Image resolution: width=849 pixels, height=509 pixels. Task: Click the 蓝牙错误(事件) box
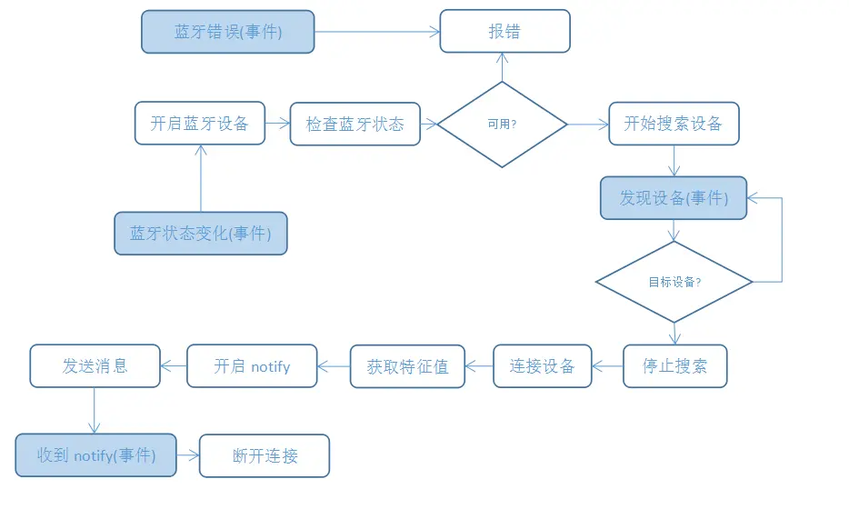click(228, 32)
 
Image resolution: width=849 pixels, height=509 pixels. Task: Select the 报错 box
click(504, 31)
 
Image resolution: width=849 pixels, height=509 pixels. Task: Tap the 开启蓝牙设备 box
click(200, 123)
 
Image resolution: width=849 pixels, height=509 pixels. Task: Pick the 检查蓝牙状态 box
click(355, 124)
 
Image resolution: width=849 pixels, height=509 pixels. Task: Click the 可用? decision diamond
click(502, 124)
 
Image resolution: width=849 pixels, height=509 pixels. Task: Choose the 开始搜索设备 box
click(674, 124)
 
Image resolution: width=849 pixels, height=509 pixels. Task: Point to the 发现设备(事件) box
click(674, 197)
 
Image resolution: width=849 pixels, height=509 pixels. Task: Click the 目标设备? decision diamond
click(674, 282)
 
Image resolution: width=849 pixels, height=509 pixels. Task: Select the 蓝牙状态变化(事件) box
click(201, 234)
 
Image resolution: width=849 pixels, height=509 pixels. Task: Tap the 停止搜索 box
click(675, 366)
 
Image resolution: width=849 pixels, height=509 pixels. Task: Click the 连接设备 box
click(543, 366)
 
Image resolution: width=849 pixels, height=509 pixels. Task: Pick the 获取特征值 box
click(408, 366)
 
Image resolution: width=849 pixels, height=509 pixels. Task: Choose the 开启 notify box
click(252, 366)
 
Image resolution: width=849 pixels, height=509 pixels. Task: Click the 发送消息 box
click(95, 366)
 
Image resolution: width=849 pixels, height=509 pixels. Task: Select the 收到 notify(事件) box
click(95, 455)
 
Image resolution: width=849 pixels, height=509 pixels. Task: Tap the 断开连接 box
click(265, 456)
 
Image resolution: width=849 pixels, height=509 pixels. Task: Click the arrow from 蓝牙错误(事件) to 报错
click(377, 32)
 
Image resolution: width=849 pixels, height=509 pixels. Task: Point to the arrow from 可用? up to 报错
click(502, 67)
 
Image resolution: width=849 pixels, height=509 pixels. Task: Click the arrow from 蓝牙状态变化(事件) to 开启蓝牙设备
click(201, 178)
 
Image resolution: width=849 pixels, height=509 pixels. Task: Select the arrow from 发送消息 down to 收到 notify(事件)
click(95, 411)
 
